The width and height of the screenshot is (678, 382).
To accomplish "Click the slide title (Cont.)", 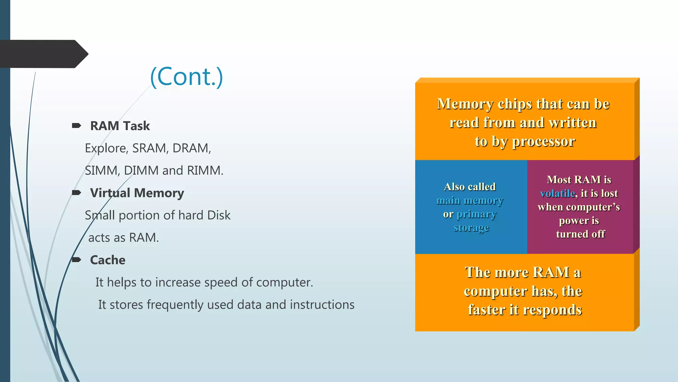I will point(187,77).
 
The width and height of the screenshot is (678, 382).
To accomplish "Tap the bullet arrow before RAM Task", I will point(76,125).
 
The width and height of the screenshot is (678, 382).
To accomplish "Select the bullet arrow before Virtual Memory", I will point(76,193).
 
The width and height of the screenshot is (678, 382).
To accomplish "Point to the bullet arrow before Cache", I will point(76,260).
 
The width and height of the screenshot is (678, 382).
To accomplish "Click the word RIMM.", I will point(205,170).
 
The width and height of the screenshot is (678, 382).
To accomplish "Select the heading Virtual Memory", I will point(137,193).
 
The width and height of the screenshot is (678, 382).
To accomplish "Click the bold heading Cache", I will point(108,260).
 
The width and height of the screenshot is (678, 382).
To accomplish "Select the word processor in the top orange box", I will point(543,142).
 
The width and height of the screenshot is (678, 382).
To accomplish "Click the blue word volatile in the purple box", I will point(557,193).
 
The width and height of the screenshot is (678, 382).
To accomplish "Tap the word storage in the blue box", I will point(471,228).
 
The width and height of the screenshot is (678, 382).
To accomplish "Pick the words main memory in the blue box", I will point(469,201).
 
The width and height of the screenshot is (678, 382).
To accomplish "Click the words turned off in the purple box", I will point(580,234).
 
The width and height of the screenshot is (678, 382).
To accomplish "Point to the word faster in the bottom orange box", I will point(487,310).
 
